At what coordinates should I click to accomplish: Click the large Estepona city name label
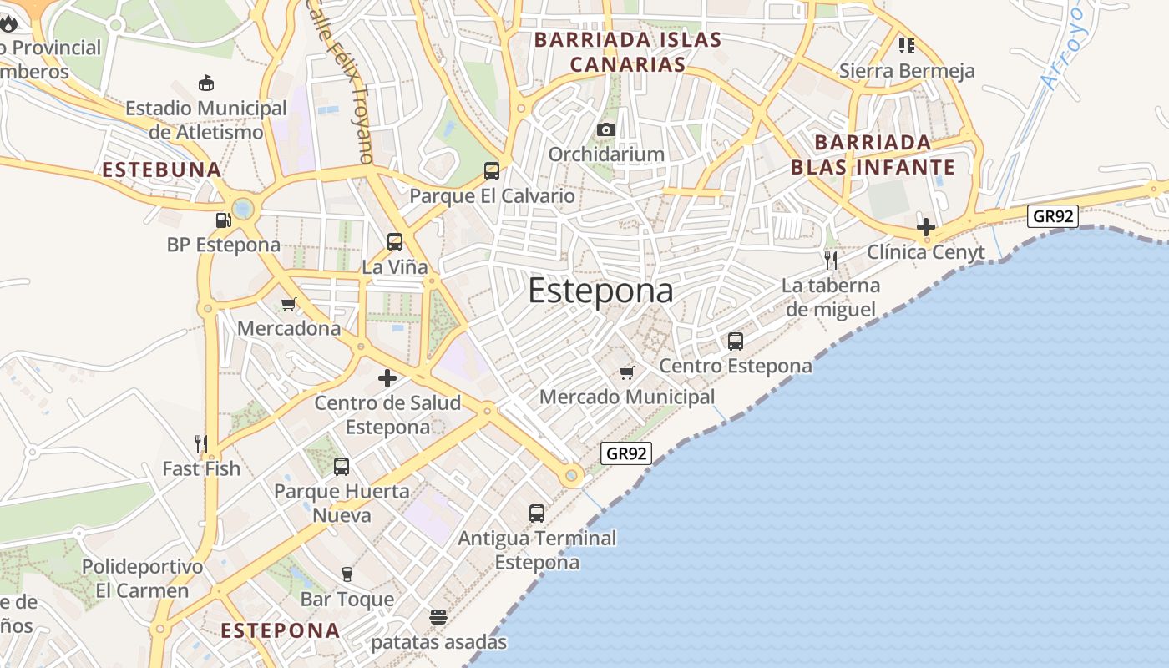(x=600, y=291)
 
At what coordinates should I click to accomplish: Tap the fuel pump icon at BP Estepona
(x=223, y=220)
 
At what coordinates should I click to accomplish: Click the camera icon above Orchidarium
(x=606, y=129)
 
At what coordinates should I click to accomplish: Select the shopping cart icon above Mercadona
(x=289, y=304)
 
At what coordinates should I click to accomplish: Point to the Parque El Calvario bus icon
(x=492, y=171)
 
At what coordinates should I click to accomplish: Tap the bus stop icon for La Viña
(x=395, y=242)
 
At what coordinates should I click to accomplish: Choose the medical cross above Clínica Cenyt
(x=925, y=226)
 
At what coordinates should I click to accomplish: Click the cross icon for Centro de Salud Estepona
(x=387, y=378)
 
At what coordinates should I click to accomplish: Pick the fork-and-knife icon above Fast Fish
(x=200, y=443)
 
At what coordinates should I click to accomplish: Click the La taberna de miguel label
(x=830, y=298)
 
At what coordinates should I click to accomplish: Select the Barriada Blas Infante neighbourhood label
(x=873, y=154)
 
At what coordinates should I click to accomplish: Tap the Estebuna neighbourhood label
(x=162, y=170)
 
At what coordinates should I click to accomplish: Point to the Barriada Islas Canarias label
(x=628, y=52)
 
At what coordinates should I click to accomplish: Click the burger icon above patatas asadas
(x=438, y=617)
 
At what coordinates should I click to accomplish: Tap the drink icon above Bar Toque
(x=347, y=574)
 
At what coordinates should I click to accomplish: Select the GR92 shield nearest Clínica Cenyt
(x=1053, y=216)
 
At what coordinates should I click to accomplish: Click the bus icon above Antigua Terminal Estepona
(x=537, y=514)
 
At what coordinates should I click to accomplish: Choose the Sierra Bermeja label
(x=907, y=71)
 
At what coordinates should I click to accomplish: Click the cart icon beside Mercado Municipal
(x=627, y=372)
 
